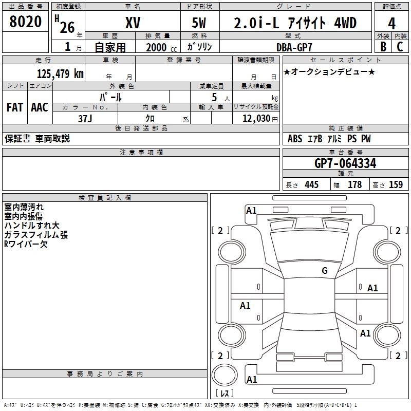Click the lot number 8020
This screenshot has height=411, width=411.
26,23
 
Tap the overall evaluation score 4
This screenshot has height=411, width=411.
392,24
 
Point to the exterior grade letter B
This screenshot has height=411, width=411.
383,47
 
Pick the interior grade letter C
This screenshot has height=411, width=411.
400,47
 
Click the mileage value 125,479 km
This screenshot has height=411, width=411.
60,73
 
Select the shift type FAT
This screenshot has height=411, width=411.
14,107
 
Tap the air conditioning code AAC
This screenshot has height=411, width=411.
40,107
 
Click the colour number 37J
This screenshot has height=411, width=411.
85,118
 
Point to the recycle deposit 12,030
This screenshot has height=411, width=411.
257,118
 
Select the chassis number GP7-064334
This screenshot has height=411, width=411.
345,163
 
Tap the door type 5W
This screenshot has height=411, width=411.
200,23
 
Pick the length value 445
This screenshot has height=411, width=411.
311,184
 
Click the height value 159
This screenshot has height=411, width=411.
396,184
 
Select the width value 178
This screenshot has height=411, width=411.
354,184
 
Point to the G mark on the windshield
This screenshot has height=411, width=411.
324,271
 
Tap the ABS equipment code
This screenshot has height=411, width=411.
295,139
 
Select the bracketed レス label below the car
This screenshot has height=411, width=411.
225,393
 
